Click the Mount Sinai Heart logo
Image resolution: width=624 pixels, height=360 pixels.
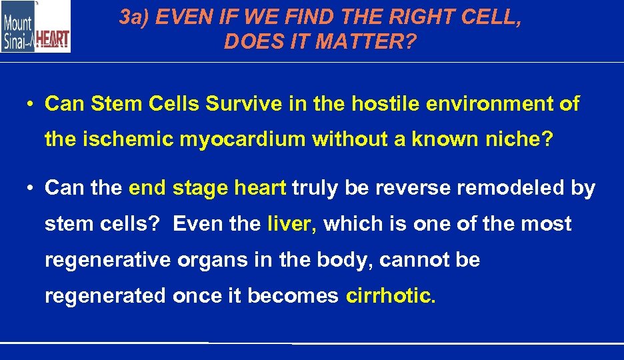[x=35, y=27]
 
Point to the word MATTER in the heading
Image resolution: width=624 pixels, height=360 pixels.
[x=359, y=42]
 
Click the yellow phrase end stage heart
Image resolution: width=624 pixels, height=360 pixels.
[x=207, y=188]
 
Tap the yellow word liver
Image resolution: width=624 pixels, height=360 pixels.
[x=291, y=223]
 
